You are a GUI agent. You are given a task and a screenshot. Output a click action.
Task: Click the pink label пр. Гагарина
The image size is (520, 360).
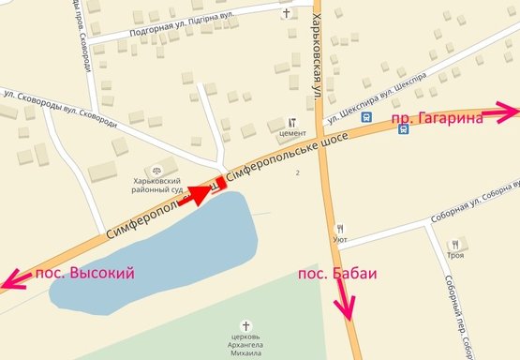pos(436,118)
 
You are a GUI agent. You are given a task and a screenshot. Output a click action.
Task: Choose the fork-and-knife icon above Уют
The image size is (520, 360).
pos(340,227)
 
